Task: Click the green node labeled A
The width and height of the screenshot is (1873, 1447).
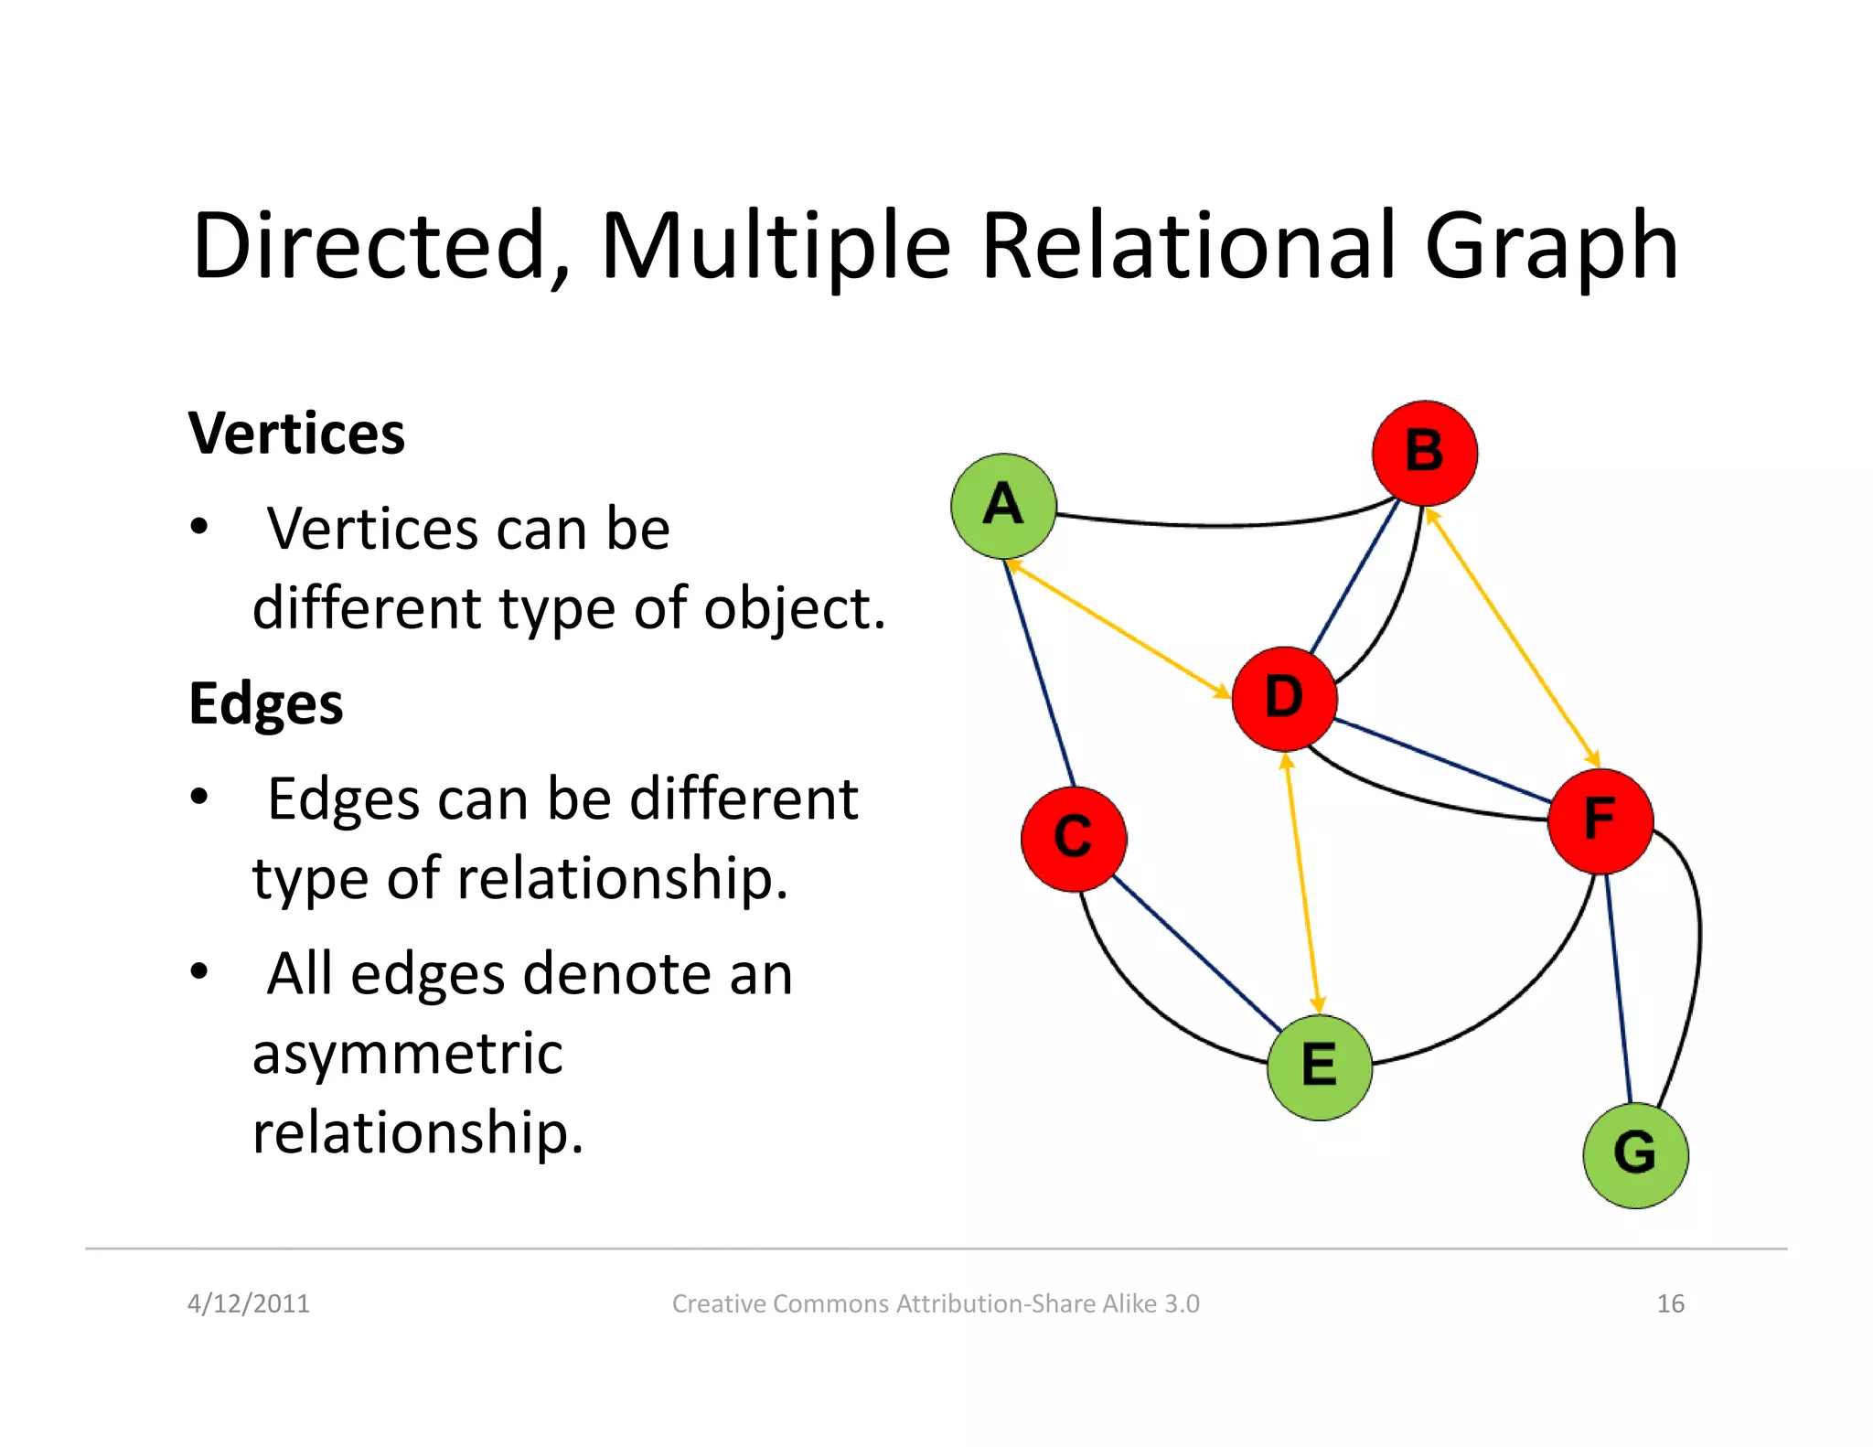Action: [x=1003, y=506]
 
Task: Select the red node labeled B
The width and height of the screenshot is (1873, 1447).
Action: [x=1424, y=453]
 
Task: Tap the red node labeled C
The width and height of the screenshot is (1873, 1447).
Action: [x=1074, y=838]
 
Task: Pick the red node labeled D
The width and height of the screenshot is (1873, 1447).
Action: [x=1284, y=699]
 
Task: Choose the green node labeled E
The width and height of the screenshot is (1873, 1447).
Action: [x=1319, y=1066]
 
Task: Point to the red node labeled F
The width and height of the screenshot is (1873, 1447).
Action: [x=1600, y=820]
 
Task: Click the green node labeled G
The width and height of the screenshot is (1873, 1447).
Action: [x=1635, y=1155]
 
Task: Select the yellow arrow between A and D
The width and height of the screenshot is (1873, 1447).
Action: [x=1118, y=629]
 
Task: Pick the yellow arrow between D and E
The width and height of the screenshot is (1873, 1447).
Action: [x=1302, y=883]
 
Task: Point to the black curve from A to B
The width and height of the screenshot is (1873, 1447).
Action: [x=1216, y=525]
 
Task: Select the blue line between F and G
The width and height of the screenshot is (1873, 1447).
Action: [x=1619, y=988]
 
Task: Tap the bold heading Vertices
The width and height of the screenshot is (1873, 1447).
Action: [x=296, y=433]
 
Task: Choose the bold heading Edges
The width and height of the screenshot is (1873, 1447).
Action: [x=265, y=703]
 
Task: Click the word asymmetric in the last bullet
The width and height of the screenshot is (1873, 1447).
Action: [x=407, y=1053]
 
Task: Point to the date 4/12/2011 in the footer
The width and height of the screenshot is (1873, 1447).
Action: [x=248, y=1303]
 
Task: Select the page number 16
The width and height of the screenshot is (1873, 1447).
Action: [x=1670, y=1303]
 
